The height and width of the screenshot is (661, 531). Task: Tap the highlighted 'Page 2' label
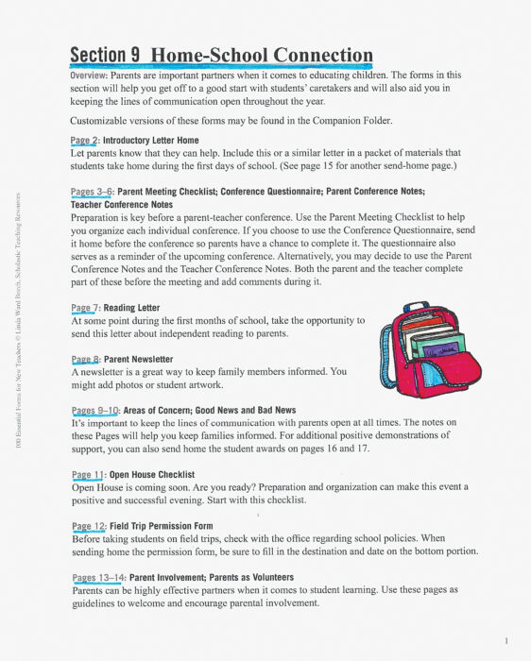pyautogui.click(x=87, y=140)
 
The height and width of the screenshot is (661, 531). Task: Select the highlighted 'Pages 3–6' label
pyautogui.click(x=92, y=192)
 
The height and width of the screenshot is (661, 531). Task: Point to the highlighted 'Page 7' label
pyautogui.click(x=87, y=308)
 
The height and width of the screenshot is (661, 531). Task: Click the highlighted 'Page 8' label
pyautogui.click(x=87, y=359)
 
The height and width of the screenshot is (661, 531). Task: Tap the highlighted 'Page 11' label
pyautogui.click(x=90, y=474)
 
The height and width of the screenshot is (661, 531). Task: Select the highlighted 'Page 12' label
pyautogui.click(x=90, y=525)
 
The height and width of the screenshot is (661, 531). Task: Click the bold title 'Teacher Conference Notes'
pyautogui.click(x=121, y=204)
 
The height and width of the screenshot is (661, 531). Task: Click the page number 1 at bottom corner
pyautogui.click(x=507, y=639)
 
